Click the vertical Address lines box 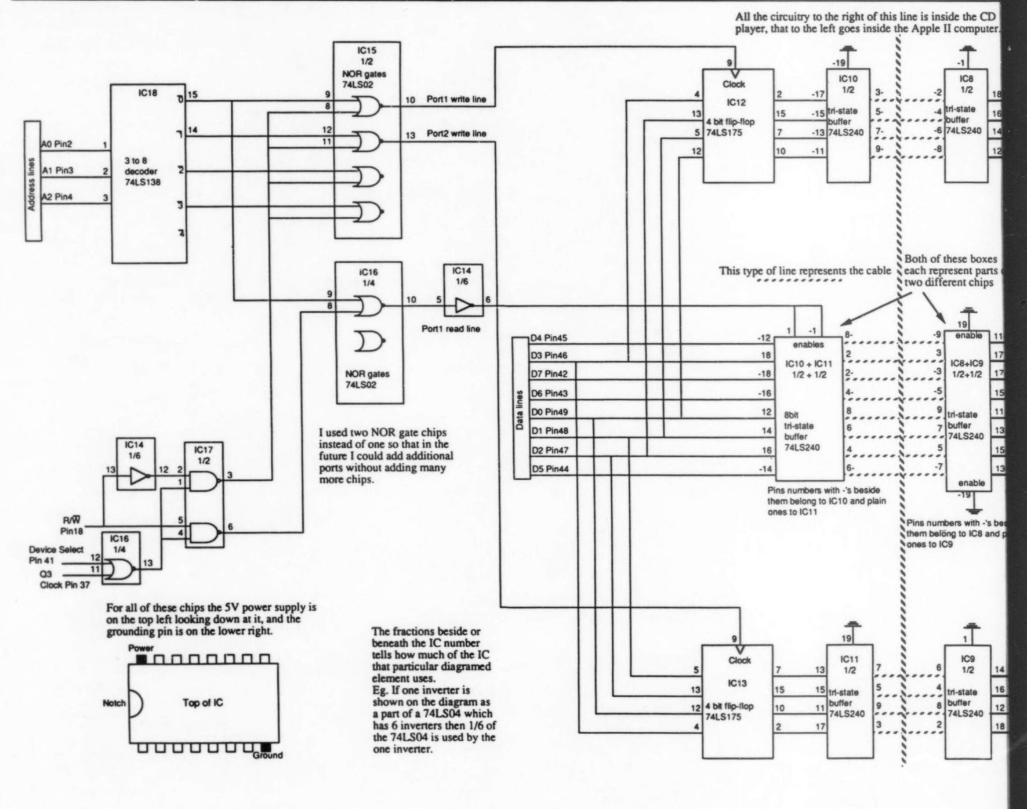coord(33,180)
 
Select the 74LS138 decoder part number coord(144,182)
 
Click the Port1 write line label coord(456,100)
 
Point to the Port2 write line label coord(456,134)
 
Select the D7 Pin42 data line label coord(549,375)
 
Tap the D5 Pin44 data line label coord(549,469)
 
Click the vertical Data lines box coord(521,408)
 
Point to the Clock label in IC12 coord(734,84)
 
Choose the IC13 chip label coord(736,684)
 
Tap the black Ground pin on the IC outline coord(266,747)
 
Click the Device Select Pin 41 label coord(56,555)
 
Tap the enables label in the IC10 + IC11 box coord(808,344)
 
